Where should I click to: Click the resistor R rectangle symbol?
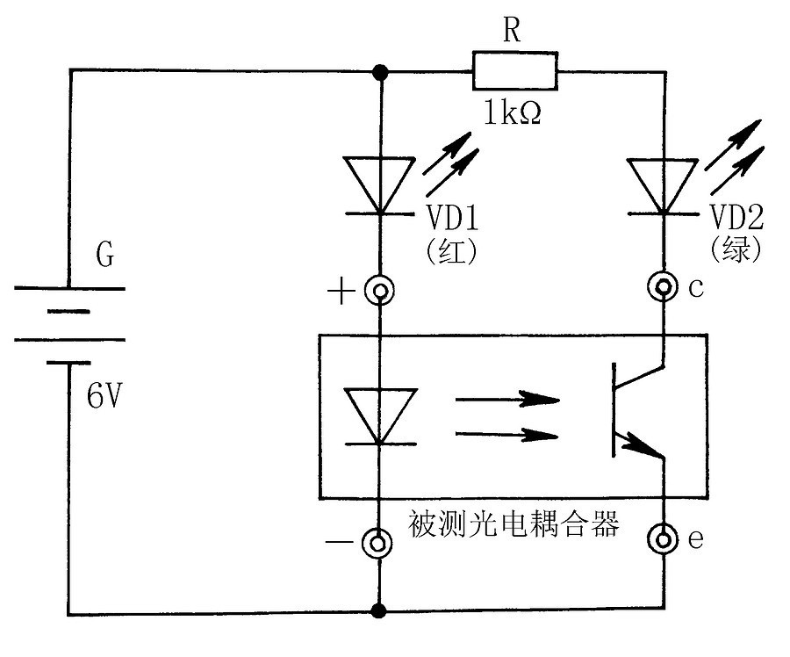click(515, 70)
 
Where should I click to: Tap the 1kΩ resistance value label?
click(513, 112)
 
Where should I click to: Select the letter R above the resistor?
click(512, 29)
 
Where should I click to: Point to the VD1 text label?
click(452, 217)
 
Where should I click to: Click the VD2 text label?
click(736, 217)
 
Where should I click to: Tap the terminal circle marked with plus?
click(379, 291)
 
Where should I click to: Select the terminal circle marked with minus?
click(377, 543)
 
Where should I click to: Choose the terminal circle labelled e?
click(663, 538)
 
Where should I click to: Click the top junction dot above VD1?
click(380, 72)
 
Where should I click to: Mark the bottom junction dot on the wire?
click(378, 611)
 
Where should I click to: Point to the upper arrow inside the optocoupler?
click(507, 400)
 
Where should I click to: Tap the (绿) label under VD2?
click(736, 249)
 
